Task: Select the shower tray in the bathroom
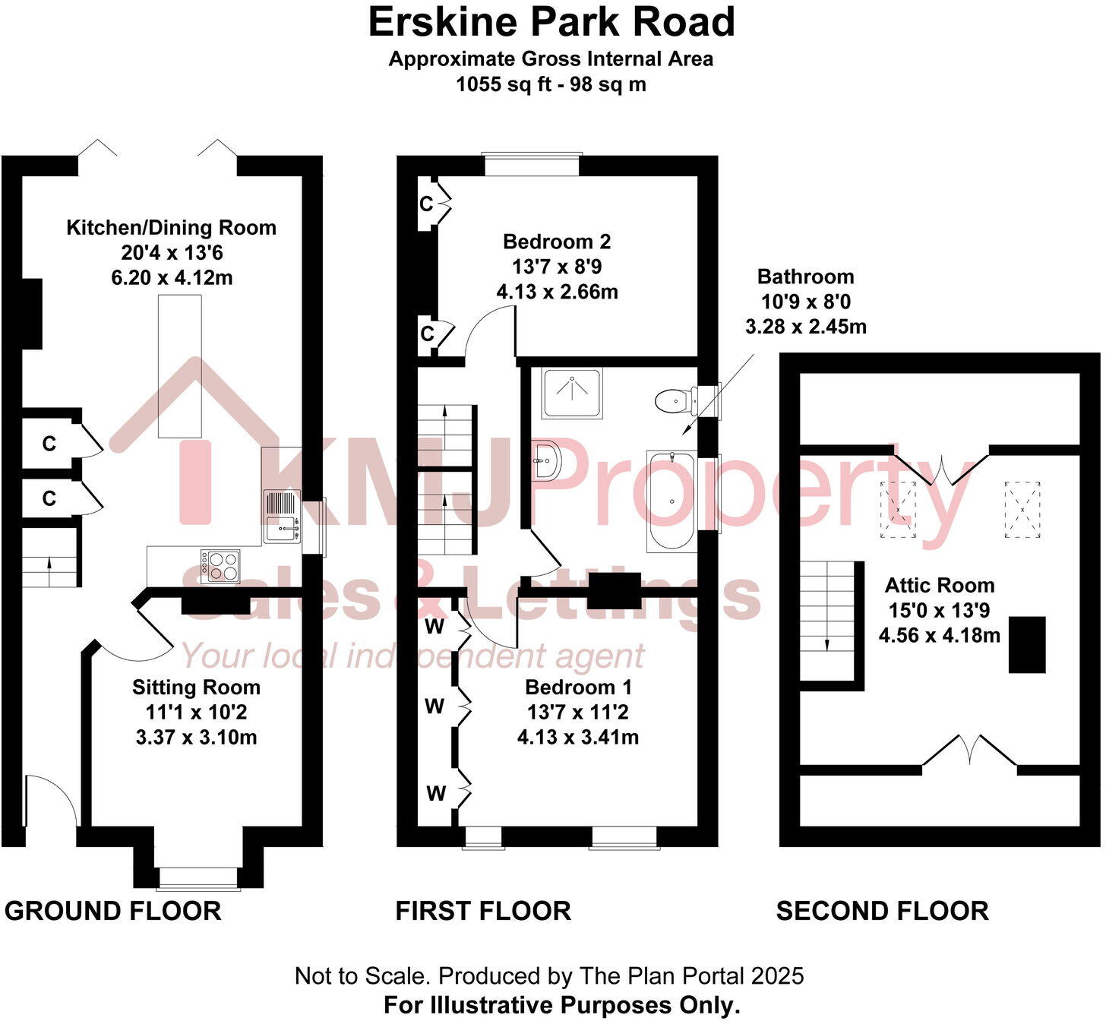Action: click(x=571, y=393)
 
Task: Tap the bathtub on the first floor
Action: click(x=671, y=501)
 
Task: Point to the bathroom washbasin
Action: click(x=546, y=460)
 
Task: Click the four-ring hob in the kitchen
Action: click(x=220, y=566)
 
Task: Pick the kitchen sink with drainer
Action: click(x=282, y=516)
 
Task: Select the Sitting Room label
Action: click(x=196, y=688)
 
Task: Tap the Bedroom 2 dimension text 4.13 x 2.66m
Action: click(x=557, y=292)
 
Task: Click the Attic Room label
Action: click(x=940, y=586)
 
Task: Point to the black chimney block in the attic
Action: click(x=1027, y=644)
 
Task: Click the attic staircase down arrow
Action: click(x=827, y=643)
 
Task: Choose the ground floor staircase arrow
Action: click(x=50, y=564)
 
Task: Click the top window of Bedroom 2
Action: click(x=531, y=164)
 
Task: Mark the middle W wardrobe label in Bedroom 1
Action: click(x=434, y=706)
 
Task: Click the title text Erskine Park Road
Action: click(x=552, y=22)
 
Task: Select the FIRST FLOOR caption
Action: click(x=483, y=911)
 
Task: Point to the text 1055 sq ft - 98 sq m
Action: click(x=551, y=84)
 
